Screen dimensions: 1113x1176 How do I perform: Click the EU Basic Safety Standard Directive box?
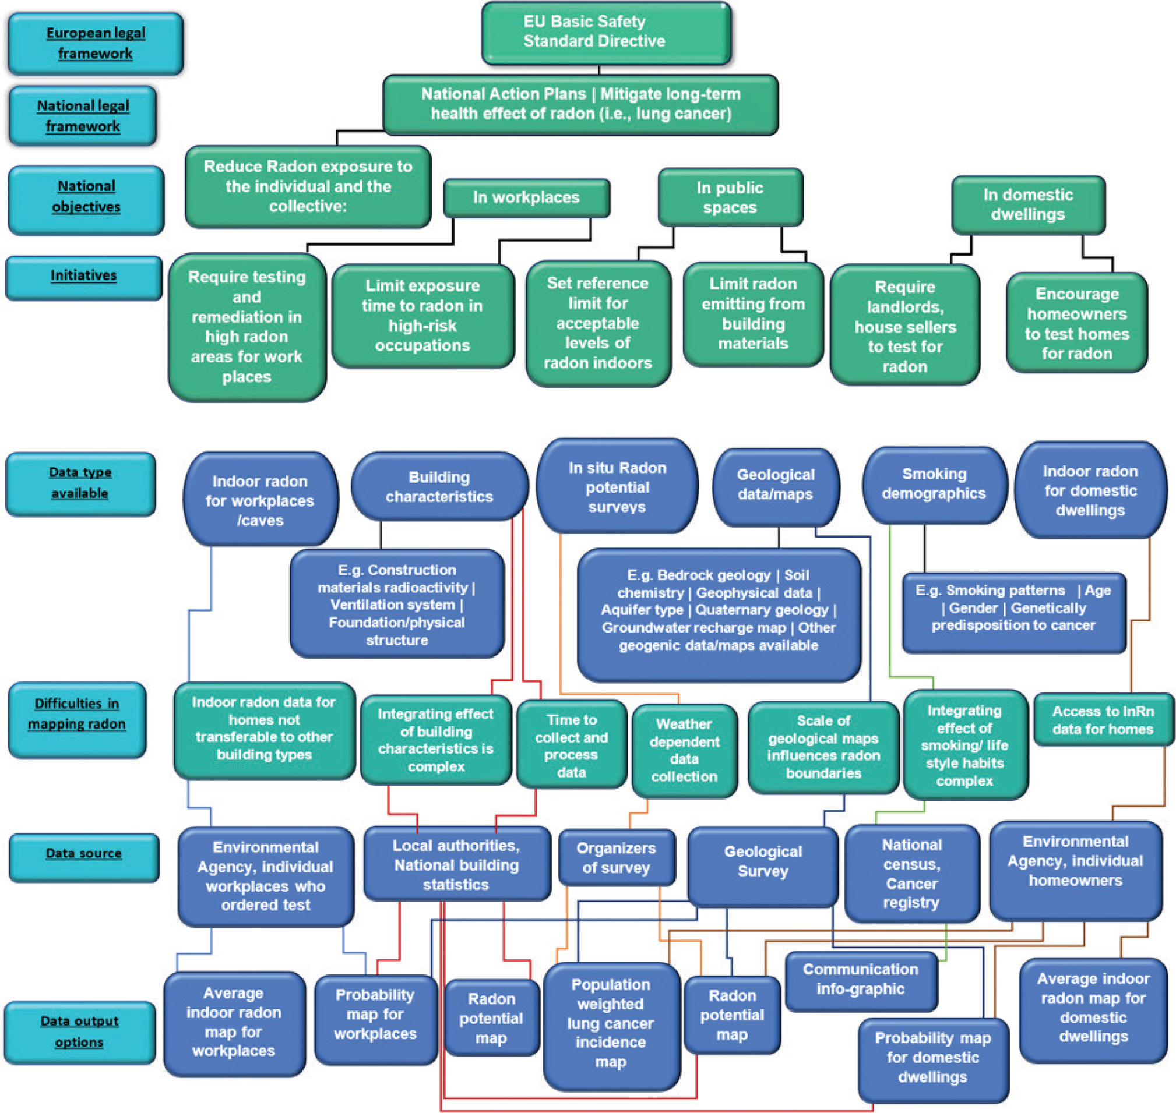coord(605,32)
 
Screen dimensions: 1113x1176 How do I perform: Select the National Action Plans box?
coord(580,104)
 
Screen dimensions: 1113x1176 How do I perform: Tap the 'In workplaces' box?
coord(526,197)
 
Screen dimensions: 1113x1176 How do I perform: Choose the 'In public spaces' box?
coord(730,197)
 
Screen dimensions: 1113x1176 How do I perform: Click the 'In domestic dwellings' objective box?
coord(1027,204)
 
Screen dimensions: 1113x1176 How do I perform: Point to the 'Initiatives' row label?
coord(83,276)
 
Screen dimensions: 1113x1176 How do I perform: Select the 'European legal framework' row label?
coord(95,43)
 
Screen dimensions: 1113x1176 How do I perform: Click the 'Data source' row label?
coord(83,854)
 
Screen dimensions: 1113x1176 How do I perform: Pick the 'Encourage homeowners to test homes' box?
coord(1076,323)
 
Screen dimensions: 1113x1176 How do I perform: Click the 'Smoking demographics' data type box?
coord(934,484)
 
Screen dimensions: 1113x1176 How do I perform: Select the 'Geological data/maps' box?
coord(775,485)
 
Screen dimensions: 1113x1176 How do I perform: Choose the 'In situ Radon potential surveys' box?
coord(617,486)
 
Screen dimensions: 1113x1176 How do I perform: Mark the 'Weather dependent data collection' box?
coord(684,750)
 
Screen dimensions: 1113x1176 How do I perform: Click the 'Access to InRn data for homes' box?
coord(1103,720)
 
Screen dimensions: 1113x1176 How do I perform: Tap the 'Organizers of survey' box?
coord(616,857)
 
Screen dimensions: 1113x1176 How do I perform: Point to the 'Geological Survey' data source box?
coord(762,863)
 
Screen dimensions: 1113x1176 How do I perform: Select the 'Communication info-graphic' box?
coord(860,980)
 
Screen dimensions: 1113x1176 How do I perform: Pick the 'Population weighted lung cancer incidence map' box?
coord(611,1024)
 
